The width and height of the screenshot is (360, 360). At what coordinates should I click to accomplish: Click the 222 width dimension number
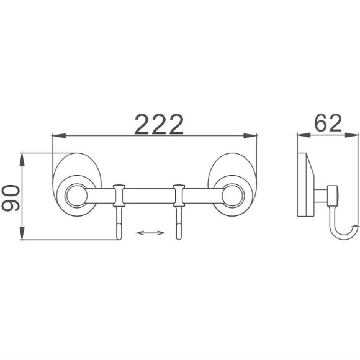(x=159, y=124)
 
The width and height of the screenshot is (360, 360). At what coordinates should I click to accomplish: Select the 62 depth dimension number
(x=328, y=124)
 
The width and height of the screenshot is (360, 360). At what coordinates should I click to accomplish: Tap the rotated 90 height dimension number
(x=11, y=199)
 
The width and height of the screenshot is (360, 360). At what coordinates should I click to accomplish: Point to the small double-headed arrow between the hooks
(x=150, y=233)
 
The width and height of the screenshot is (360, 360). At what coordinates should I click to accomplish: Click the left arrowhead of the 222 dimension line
(x=59, y=136)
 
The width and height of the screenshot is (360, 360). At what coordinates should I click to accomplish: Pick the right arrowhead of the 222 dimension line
(x=250, y=136)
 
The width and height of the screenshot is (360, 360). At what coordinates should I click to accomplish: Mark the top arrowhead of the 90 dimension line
(x=22, y=160)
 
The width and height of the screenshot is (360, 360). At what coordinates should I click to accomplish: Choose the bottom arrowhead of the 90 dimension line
(x=22, y=233)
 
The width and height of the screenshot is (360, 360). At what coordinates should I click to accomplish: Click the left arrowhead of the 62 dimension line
(x=304, y=135)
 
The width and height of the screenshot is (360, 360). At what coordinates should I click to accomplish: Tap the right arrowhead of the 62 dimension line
(x=352, y=135)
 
